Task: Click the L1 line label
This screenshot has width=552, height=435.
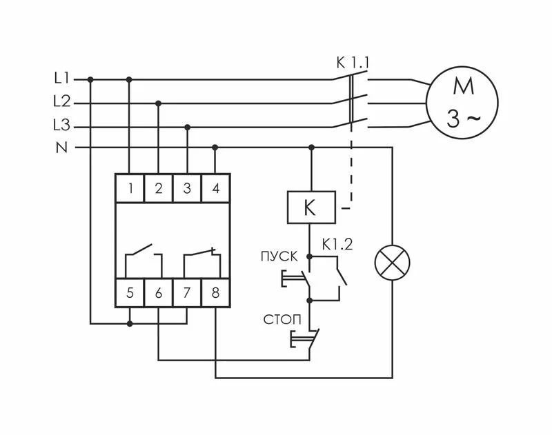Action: [x=61, y=79]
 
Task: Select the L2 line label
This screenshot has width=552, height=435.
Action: [x=61, y=102]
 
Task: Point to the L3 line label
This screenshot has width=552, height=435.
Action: [x=61, y=126]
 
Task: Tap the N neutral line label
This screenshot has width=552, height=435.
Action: [x=61, y=147]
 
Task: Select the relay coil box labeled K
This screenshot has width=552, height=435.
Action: [x=310, y=207]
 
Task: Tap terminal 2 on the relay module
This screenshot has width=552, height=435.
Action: [x=158, y=188]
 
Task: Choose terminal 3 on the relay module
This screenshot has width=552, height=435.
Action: [x=187, y=188]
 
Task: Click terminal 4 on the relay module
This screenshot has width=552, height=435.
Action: [x=215, y=188]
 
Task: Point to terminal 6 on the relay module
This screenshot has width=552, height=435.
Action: [x=158, y=293]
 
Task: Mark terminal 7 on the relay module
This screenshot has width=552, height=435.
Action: [x=187, y=293]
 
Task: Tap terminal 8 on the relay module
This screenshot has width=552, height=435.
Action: [x=215, y=293]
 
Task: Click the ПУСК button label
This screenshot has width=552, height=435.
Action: [x=279, y=256]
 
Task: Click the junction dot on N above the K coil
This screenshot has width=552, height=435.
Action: [x=311, y=148]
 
